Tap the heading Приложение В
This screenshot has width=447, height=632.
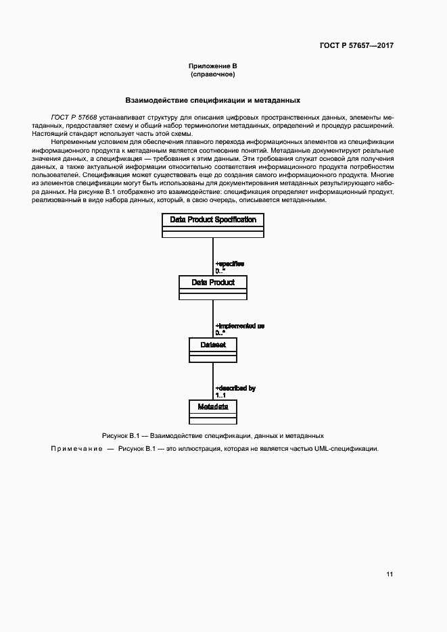(212, 66)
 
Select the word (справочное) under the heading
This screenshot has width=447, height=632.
(212, 74)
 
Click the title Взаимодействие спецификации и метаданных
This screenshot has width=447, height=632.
(212, 100)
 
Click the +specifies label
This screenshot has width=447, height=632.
(229, 264)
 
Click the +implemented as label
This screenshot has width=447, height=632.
(239, 326)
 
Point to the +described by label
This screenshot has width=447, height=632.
(235, 388)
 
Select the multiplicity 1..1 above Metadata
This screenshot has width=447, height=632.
(221, 395)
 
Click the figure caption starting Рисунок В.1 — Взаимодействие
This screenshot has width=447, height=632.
(212, 436)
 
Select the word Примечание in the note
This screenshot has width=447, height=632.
(76, 449)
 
